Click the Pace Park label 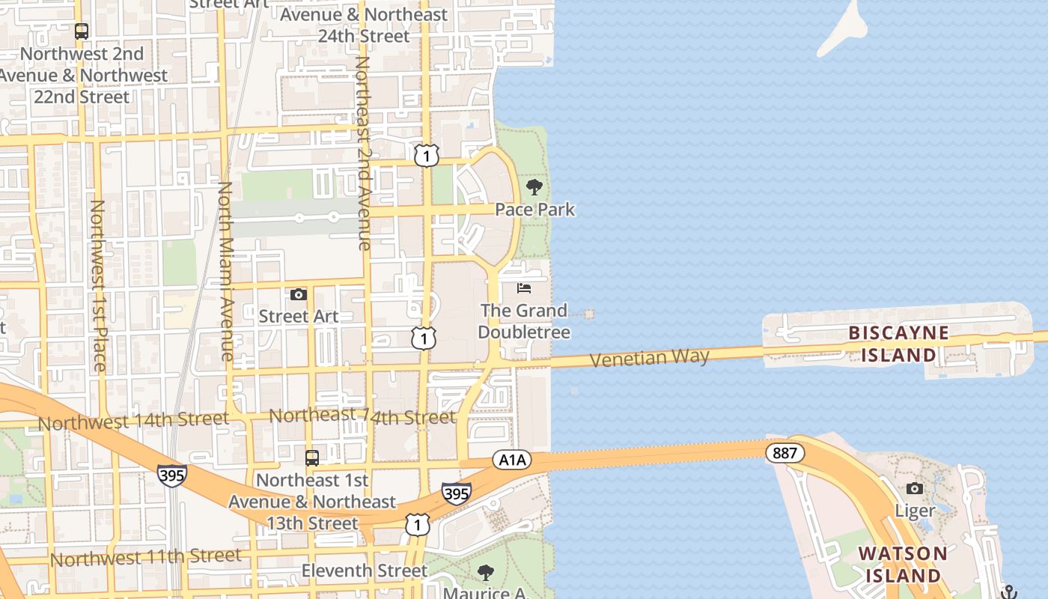pos(535,210)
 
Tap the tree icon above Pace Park pos(534,187)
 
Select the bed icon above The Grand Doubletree pos(524,288)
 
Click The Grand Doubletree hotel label pos(524,321)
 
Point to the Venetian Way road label pos(649,358)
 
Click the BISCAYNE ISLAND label pos(898,344)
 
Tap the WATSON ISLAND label pos(902,565)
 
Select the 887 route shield pos(785,453)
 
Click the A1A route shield pos(512,460)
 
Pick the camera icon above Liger pos(915,489)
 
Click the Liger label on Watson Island pos(915,511)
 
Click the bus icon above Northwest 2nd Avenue pos(82,31)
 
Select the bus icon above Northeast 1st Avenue pos(312,457)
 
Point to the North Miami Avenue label pos(225,271)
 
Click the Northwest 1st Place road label pos(98,285)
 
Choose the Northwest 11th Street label pos(146,558)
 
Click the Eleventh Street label pos(365,571)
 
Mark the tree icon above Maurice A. pos(486,573)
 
